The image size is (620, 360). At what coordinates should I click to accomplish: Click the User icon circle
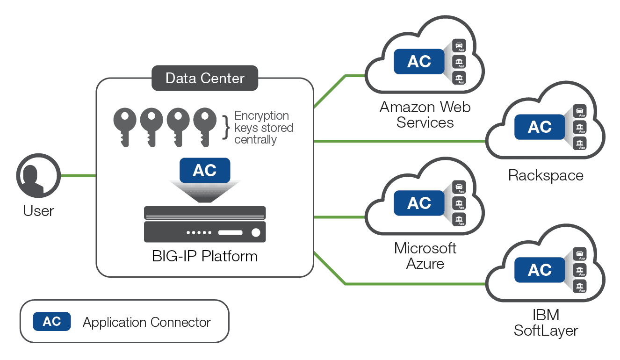click(x=38, y=176)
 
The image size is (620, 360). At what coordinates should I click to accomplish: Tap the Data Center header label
click(x=205, y=78)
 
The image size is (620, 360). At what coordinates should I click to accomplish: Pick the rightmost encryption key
click(x=205, y=124)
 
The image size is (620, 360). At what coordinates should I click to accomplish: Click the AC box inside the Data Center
click(x=205, y=170)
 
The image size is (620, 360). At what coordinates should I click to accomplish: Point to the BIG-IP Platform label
click(x=205, y=256)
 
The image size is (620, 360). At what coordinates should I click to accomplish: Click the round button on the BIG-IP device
click(x=256, y=232)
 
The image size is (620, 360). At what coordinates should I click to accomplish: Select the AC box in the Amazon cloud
click(x=419, y=61)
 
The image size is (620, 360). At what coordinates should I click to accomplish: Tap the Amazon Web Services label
click(x=425, y=115)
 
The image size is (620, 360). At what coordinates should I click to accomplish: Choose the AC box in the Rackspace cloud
click(x=540, y=127)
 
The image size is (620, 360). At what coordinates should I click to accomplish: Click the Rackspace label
click(x=546, y=175)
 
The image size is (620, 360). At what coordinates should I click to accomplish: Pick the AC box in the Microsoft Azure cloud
click(x=419, y=203)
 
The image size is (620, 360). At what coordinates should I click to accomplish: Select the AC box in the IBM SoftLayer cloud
click(x=540, y=270)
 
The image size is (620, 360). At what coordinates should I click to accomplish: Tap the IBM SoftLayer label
click(x=546, y=323)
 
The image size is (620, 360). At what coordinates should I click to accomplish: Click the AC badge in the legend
click(x=52, y=322)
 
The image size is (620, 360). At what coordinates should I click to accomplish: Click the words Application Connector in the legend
click(x=147, y=322)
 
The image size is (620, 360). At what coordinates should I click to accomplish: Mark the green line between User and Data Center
click(x=79, y=176)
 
